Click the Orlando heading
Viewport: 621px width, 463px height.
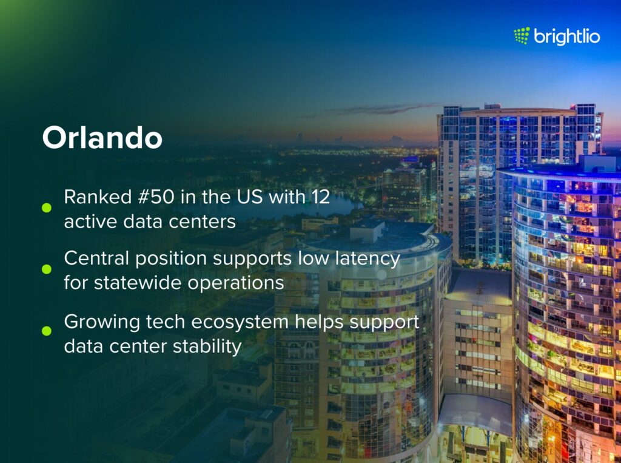point(102,138)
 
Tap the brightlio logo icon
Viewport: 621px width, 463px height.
point(522,36)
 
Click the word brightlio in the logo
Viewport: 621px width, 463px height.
point(567,37)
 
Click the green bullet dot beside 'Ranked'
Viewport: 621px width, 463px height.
point(46,208)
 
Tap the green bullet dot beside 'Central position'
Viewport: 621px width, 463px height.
point(46,269)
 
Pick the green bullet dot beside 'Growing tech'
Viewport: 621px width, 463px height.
point(46,331)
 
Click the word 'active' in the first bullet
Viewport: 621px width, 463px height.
point(86,221)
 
